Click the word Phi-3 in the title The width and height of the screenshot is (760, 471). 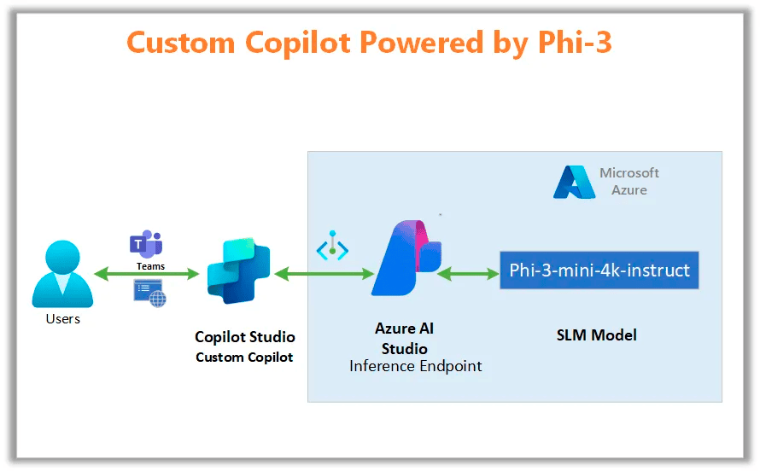tap(576, 42)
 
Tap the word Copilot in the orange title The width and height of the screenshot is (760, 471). tap(298, 43)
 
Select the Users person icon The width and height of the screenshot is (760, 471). tap(62, 274)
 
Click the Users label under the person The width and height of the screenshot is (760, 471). tap(63, 318)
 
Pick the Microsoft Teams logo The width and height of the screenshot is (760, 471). tap(146, 244)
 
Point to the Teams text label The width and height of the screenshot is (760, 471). tap(151, 266)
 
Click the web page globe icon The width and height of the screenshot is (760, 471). tap(149, 293)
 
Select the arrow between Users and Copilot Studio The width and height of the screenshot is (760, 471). tap(146, 274)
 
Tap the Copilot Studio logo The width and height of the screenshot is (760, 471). tap(238, 270)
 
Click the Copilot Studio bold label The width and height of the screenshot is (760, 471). tap(245, 336)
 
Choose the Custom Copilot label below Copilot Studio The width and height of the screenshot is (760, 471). tap(244, 358)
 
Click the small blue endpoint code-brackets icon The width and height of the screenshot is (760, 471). tap(332, 246)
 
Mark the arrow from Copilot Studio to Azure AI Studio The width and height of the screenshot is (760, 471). tap(324, 274)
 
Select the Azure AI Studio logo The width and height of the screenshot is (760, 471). tap(406, 258)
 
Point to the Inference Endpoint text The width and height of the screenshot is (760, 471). tap(415, 366)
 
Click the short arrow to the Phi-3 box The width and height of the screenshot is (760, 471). tap(468, 274)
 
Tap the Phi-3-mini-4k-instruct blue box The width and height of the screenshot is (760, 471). tap(599, 270)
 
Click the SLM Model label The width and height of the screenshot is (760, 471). tap(597, 335)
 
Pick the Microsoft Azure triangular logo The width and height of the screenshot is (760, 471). tap(575, 182)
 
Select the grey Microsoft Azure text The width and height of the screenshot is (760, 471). tap(629, 182)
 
